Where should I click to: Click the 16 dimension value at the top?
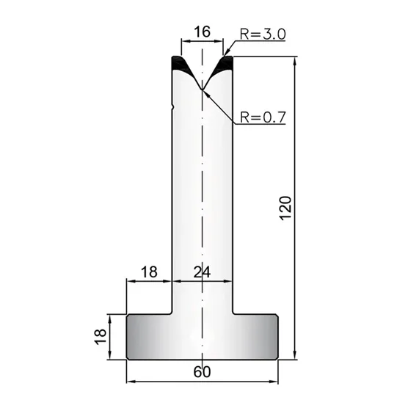tap(203, 32)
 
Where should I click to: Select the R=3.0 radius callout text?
tap(263, 34)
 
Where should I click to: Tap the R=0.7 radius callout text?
tap(263, 117)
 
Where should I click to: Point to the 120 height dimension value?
tap(285, 208)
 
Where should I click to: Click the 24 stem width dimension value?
tap(202, 272)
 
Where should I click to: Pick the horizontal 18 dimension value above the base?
tap(150, 272)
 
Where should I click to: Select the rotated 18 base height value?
tap(101, 337)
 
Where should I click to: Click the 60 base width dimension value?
tap(202, 372)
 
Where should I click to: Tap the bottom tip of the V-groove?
tap(202, 90)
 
